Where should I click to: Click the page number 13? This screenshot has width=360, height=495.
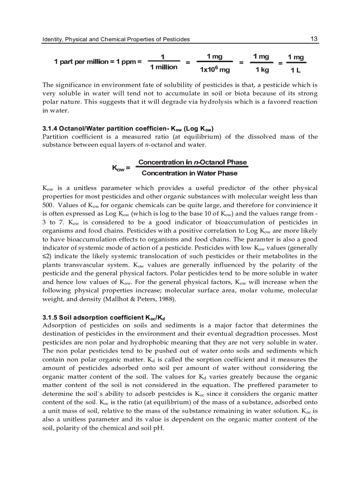click(x=314, y=39)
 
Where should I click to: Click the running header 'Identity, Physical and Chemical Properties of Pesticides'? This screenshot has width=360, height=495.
click(x=116, y=39)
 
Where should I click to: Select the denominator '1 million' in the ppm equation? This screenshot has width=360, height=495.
click(x=164, y=67)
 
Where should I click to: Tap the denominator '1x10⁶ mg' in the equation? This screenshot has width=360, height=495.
click(x=215, y=70)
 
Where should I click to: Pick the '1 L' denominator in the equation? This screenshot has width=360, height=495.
click(x=295, y=70)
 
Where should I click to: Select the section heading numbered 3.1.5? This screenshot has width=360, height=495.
click(x=104, y=317)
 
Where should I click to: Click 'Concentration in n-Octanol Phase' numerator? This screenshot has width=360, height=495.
click(x=192, y=162)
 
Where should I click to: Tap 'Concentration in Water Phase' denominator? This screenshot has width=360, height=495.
click(x=189, y=173)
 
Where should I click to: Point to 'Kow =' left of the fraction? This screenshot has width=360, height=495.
click(x=121, y=168)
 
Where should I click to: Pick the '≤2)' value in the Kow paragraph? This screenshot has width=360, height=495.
click(x=47, y=257)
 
